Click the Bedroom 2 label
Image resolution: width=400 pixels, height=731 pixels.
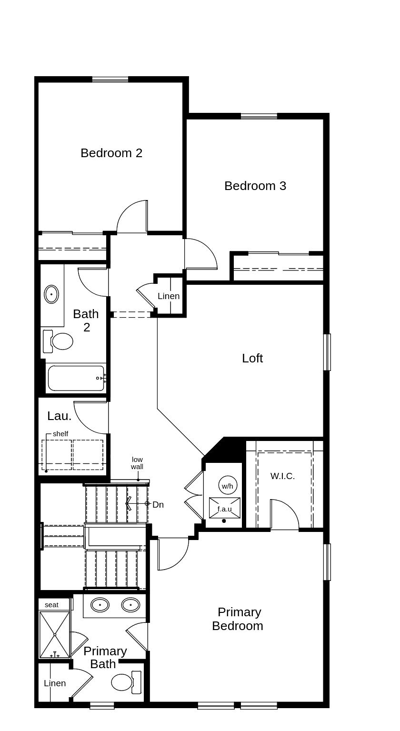pos(111,153)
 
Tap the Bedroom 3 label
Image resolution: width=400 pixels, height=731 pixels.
pos(255,186)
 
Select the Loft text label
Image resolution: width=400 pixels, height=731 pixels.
pos(252,358)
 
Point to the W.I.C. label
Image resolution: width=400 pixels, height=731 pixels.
pos(282,476)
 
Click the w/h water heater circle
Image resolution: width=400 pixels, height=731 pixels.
pos(227,486)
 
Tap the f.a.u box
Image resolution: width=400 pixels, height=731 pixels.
pos(225,508)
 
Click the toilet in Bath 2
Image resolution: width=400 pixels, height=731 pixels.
pos(61,341)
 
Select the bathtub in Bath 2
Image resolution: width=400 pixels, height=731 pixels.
pos(76,378)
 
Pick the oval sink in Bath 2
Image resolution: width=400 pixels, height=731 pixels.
pos(51,294)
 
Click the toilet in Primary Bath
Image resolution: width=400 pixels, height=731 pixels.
pos(122,682)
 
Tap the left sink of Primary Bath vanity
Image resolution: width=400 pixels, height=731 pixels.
pos(100,605)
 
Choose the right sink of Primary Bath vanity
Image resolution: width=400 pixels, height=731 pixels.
pos(130,605)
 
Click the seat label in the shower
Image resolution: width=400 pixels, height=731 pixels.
pos(51,605)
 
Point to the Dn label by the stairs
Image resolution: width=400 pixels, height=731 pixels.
pos(158,504)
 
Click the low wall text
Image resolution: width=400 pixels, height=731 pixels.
pos(137,463)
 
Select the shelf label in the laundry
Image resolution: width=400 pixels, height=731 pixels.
pos(60,434)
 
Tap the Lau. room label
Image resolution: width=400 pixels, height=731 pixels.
pos(60,416)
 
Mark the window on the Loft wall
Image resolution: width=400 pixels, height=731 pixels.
pos(327,352)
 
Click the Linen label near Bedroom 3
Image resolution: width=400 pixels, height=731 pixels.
pos(169,296)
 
